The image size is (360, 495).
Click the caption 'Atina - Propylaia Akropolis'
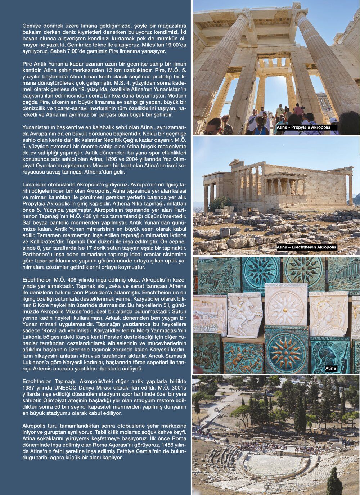pyautogui.click(x=303, y=127)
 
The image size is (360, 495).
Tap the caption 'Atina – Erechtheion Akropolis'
pyautogui.click(x=306, y=247)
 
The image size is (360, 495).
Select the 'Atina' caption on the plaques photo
pyautogui.click(x=330, y=368)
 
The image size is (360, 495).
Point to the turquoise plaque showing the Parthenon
pyautogui.click(x=343, y=277)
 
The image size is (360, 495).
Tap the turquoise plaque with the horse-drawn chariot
pyautogui.click(x=219, y=276)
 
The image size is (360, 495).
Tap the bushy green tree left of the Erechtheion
pyautogui.click(x=220, y=204)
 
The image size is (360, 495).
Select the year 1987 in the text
pyautogui.click(x=30, y=388)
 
